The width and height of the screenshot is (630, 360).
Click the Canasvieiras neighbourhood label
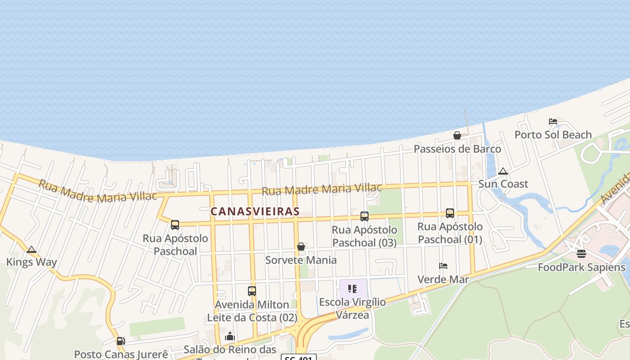[255, 211]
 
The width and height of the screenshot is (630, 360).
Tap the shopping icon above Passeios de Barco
[457, 135]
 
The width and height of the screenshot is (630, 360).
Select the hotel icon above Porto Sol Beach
[553, 121]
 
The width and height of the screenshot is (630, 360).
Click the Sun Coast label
[503, 184]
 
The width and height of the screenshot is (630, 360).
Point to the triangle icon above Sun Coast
[503, 171]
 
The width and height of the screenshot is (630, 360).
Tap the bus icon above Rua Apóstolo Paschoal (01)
[450, 213]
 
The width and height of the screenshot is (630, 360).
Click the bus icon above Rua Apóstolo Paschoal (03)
[364, 216]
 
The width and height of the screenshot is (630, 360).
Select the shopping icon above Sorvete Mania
[301, 247]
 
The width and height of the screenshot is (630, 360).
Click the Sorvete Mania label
[301, 260]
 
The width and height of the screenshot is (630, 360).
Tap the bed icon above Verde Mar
[443, 266]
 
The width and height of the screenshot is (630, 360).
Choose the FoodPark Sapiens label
[581, 267]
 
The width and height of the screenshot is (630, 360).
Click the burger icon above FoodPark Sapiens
[581, 254]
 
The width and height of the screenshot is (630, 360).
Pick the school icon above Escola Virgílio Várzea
[352, 288]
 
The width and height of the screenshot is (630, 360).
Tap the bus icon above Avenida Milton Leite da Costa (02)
[252, 291]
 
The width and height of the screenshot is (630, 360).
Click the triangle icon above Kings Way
[31, 249]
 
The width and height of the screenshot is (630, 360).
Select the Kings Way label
[31, 262]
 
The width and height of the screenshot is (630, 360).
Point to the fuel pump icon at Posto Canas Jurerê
[121, 341]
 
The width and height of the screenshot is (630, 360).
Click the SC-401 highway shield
[299, 357]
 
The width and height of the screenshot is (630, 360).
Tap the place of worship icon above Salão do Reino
[230, 336]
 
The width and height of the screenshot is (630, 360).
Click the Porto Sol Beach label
[553, 135]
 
